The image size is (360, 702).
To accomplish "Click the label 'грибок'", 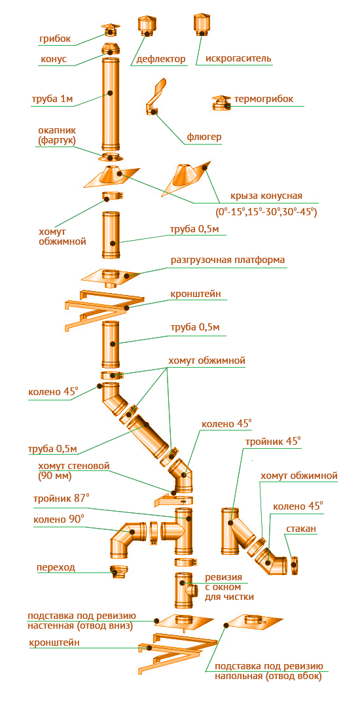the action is tap(54, 39).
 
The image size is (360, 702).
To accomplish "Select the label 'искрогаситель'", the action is tap(238, 58).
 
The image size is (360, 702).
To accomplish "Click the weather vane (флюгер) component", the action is tap(154, 97).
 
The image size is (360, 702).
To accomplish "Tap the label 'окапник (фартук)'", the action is tap(57, 135).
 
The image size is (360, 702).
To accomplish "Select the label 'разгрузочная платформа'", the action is tap(228, 260).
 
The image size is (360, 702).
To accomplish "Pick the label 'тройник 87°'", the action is tap(61, 499).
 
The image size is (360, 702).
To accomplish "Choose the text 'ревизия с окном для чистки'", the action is tap(230, 587).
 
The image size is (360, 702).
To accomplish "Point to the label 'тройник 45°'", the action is tap(273, 442).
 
